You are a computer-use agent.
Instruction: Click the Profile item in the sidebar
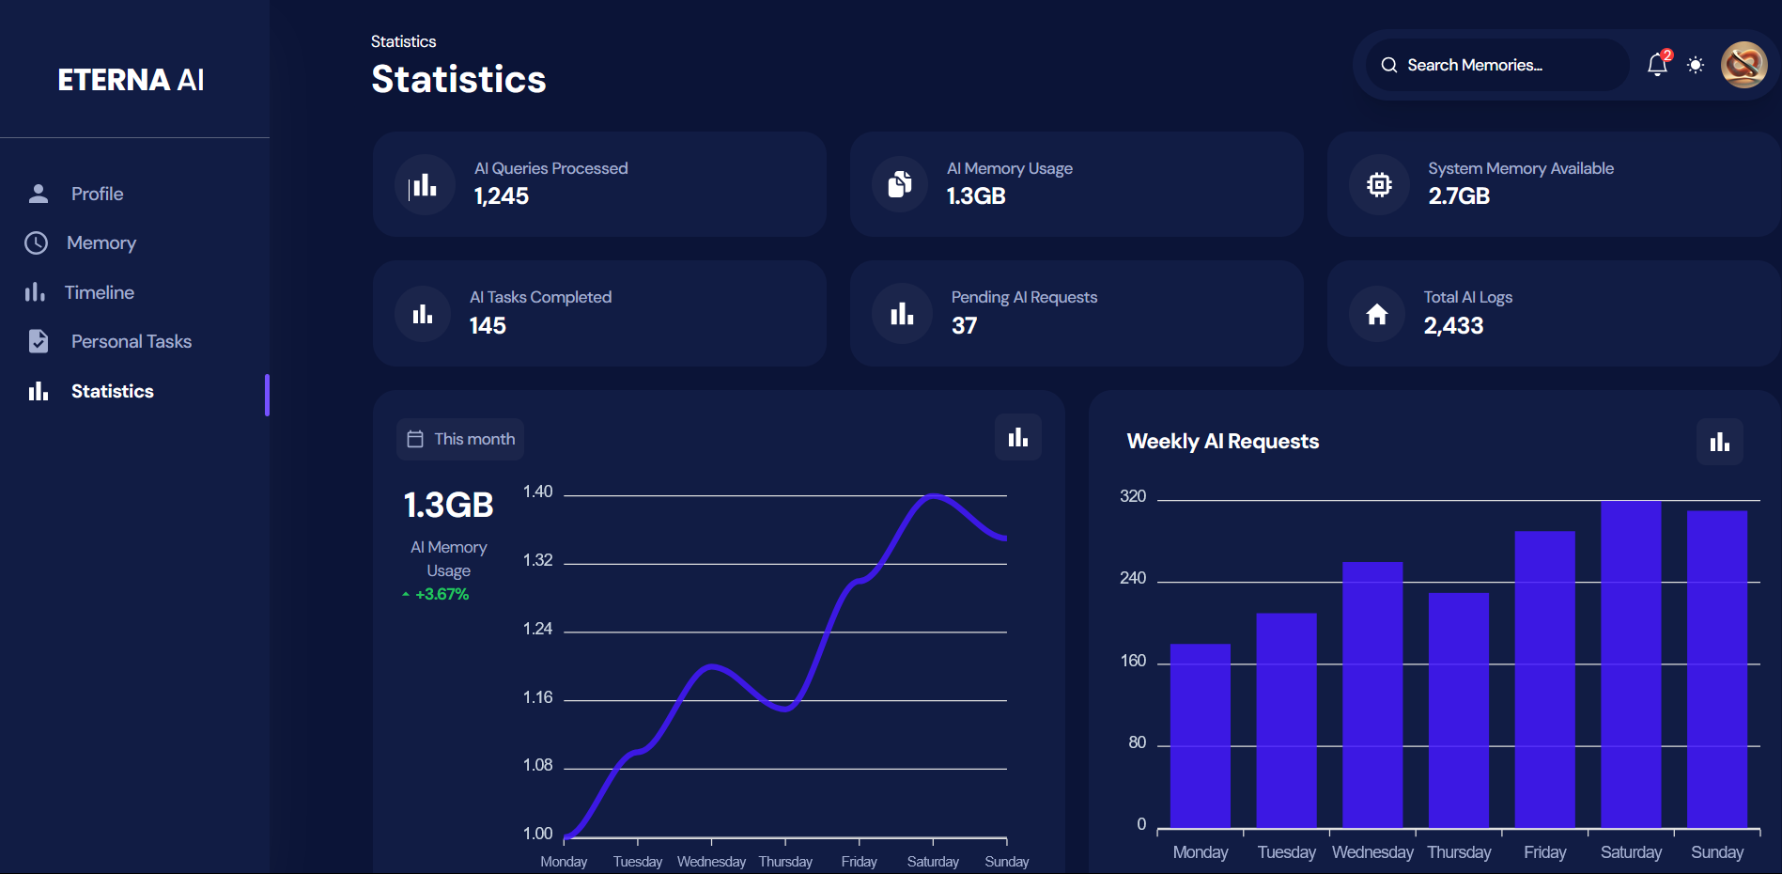pyautogui.click(x=97, y=194)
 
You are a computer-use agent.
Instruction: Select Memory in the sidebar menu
pyautogui.click(x=101, y=243)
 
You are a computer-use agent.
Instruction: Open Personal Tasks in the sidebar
pyautogui.click(x=131, y=341)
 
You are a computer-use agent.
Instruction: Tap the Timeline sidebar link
pyautogui.click(x=99, y=292)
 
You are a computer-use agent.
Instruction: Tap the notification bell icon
pyautogui.click(x=1657, y=65)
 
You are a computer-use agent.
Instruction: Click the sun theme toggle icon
pyautogui.click(x=1696, y=65)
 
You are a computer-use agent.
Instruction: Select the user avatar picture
pyautogui.click(x=1743, y=65)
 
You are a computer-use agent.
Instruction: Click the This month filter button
pyautogui.click(x=460, y=439)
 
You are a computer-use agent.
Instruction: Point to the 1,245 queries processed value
pyautogui.click(x=502, y=196)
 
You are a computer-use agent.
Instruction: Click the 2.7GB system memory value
pyautogui.click(x=1459, y=196)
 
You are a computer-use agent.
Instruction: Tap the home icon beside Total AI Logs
pyautogui.click(x=1377, y=314)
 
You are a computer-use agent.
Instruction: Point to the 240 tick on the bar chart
pyautogui.click(x=1133, y=578)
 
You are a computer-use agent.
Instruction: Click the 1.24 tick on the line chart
pyautogui.click(x=537, y=629)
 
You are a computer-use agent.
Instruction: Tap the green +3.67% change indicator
pyautogui.click(x=442, y=594)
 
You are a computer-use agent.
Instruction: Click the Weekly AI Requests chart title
pyautogui.click(x=1222, y=442)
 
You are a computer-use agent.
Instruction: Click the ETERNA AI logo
pyautogui.click(x=131, y=80)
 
